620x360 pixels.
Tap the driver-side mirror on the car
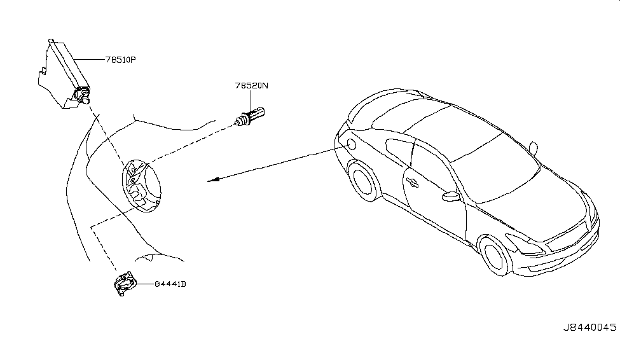[x=452, y=196]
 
